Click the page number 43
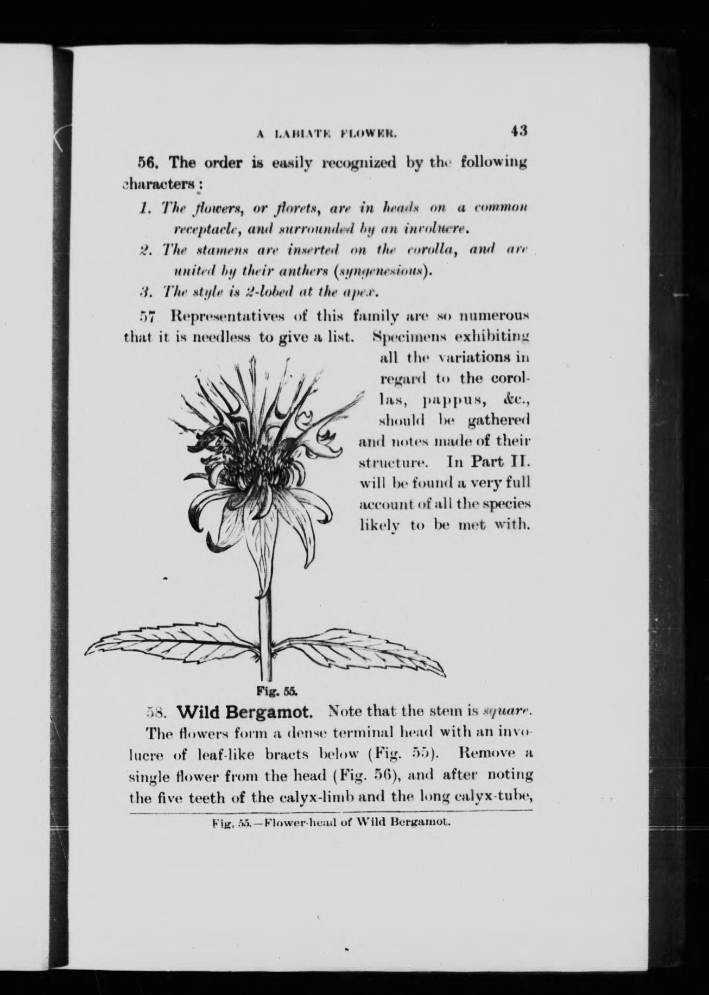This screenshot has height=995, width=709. point(518,132)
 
